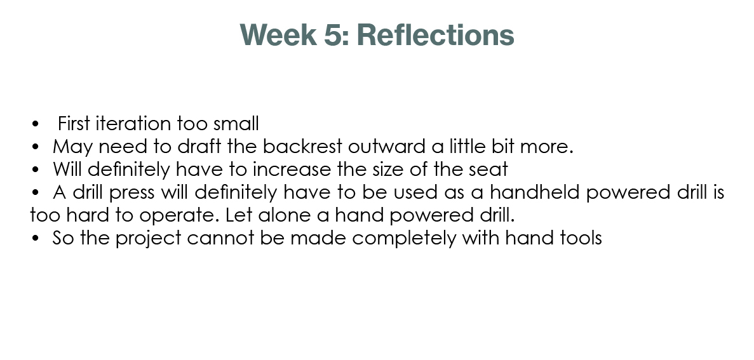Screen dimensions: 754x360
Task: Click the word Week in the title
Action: click(278, 35)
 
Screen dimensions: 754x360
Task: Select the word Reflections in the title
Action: click(436, 35)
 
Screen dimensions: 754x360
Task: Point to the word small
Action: click(236, 124)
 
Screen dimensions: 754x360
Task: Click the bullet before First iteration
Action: click(35, 124)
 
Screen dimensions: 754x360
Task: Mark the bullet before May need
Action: click(35, 147)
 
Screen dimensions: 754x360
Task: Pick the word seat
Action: click(488, 169)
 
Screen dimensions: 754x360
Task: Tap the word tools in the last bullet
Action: click(581, 238)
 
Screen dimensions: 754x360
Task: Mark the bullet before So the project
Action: click(35, 238)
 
